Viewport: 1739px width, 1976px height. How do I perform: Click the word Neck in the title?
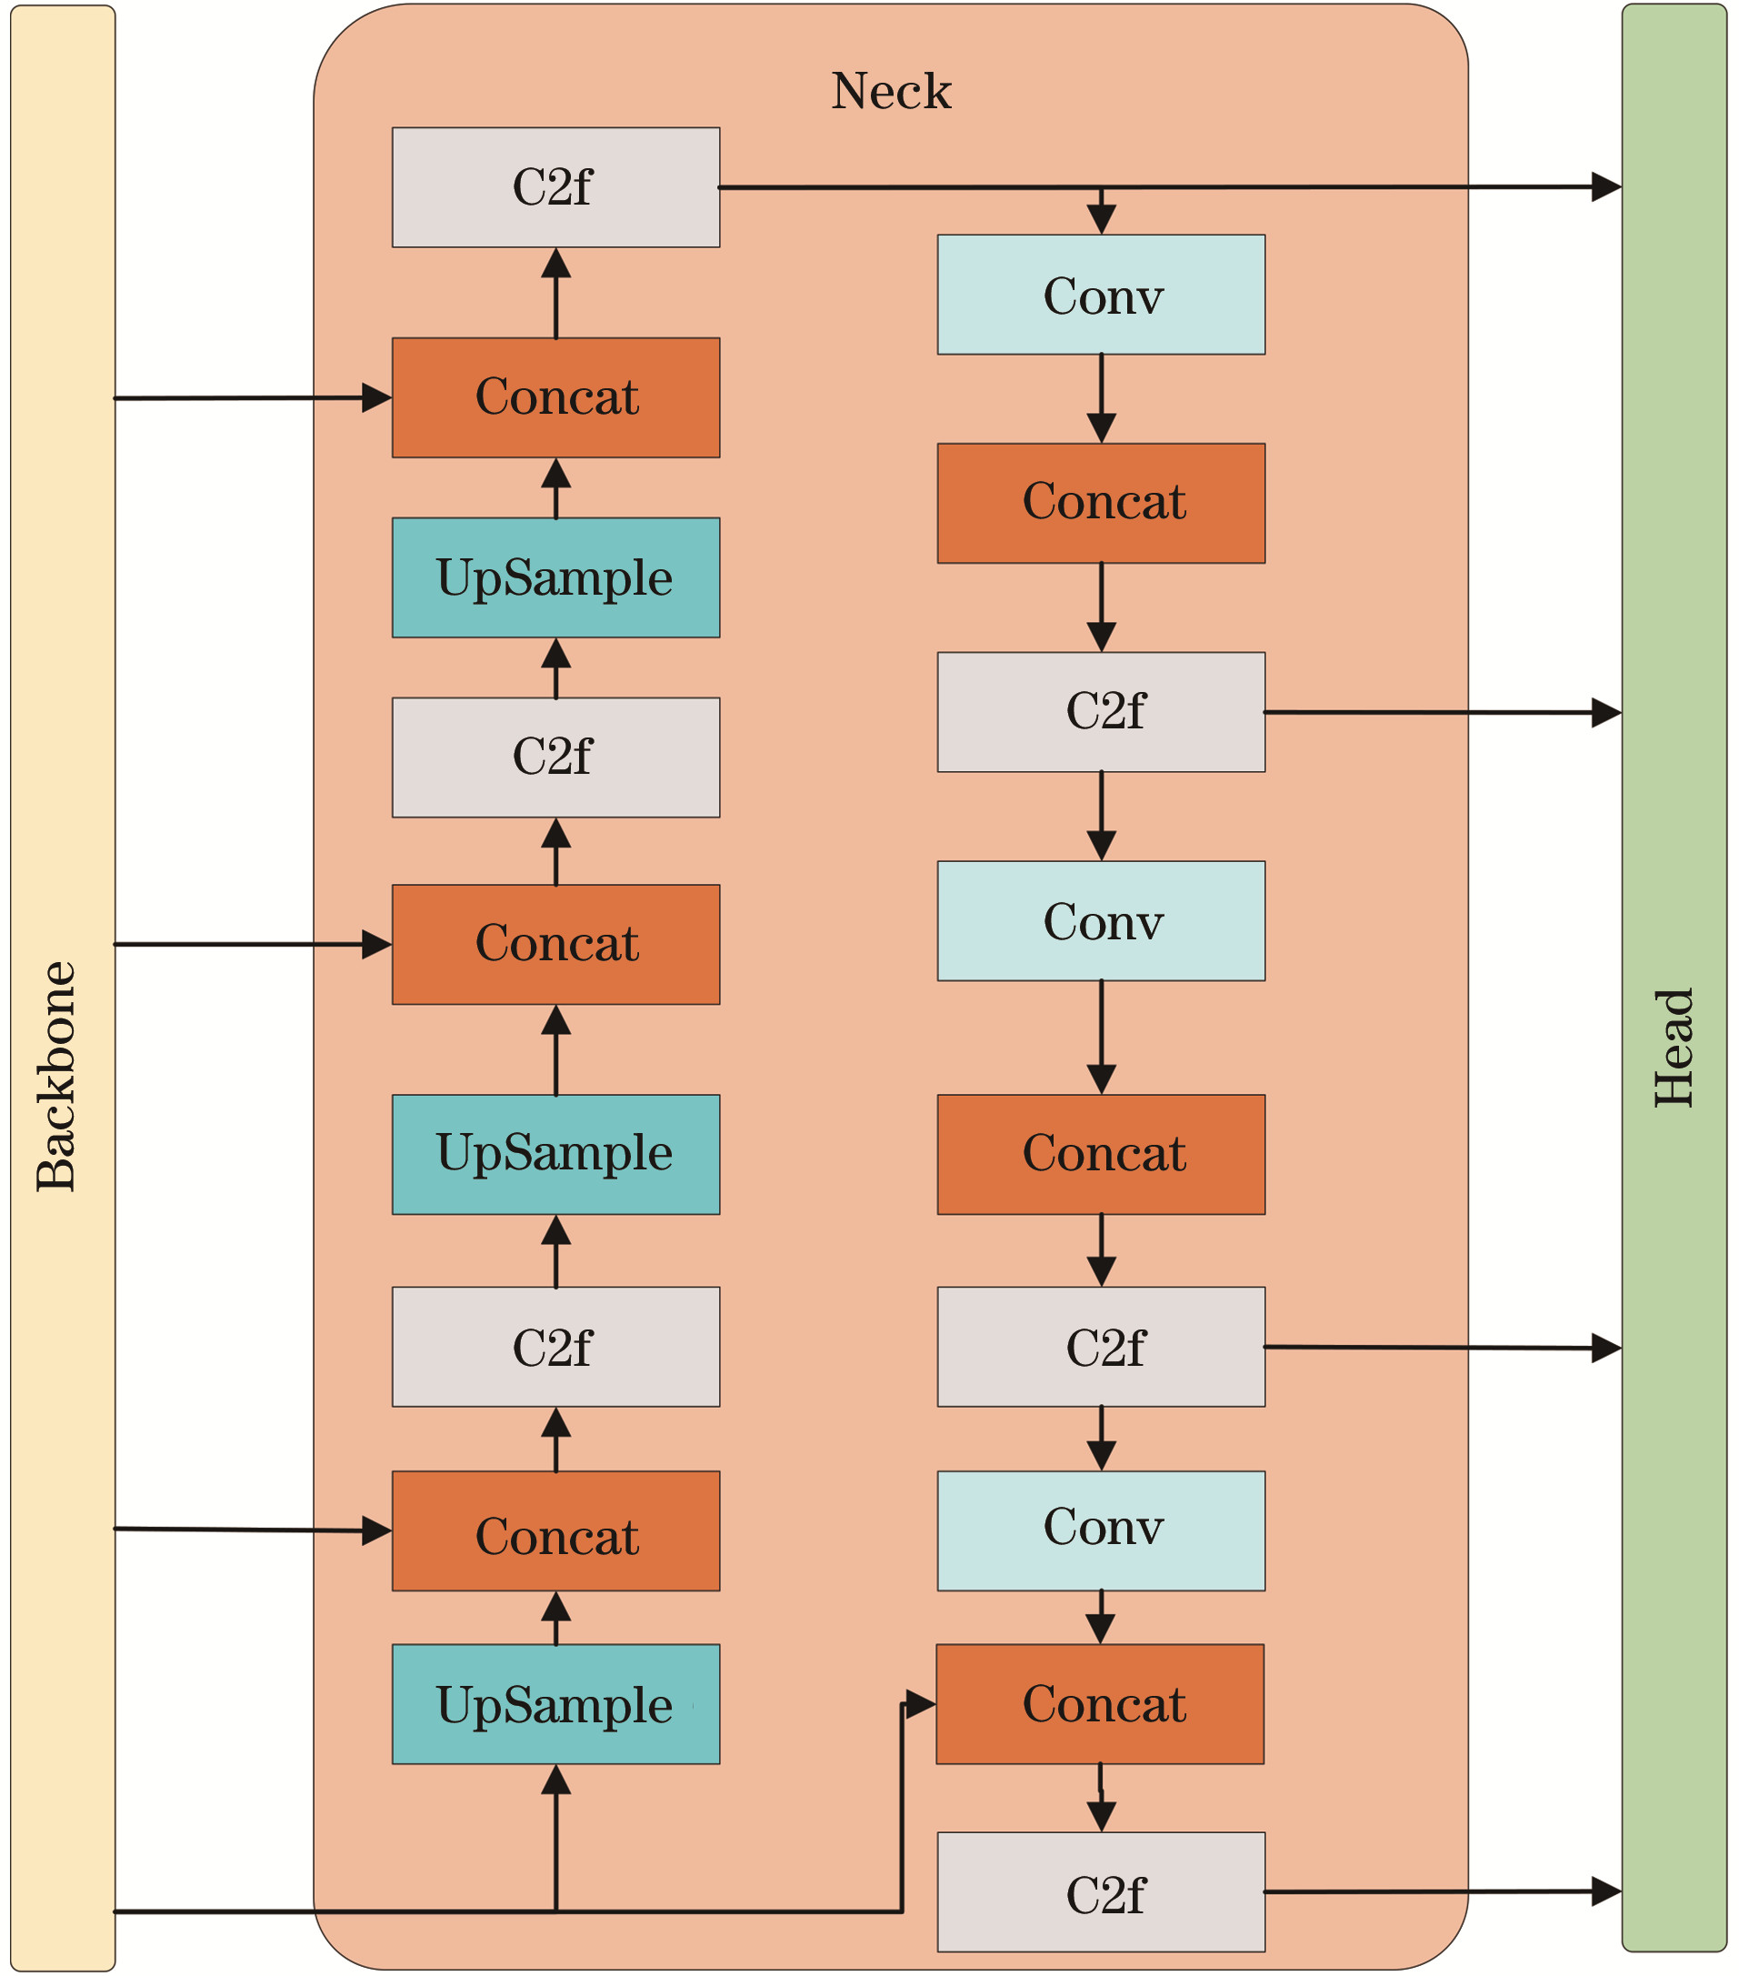pyautogui.click(x=890, y=92)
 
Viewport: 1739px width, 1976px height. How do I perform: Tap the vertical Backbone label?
pyautogui.click(x=56, y=1077)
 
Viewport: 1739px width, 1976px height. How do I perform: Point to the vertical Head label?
pyautogui.click(x=1674, y=1048)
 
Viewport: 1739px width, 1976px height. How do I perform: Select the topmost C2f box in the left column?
pyautogui.click(x=555, y=187)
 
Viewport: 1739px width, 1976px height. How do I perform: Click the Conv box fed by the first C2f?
pyautogui.click(x=1101, y=295)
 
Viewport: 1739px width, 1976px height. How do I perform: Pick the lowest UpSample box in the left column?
pyautogui.click(x=555, y=1704)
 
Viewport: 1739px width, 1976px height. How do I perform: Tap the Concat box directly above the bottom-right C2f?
pyautogui.click(x=1100, y=1704)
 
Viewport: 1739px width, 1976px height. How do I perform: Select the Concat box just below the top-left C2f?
pyautogui.click(x=555, y=397)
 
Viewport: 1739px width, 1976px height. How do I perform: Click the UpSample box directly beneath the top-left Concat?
pyautogui.click(x=555, y=578)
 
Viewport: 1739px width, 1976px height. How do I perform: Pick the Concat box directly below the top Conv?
pyautogui.click(x=1101, y=504)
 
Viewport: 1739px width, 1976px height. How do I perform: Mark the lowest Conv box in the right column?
pyautogui.click(x=1101, y=1531)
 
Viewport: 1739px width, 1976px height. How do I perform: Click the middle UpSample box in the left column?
pyautogui.click(x=555, y=1155)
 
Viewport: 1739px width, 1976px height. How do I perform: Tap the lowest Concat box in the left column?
pyautogui.click(x=555, y=1531)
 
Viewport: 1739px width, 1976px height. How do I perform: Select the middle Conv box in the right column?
pyautogui.click(x=1101, y=921)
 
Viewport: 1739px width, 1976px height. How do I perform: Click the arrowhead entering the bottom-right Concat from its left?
pyautogui.click(x=921, y=1703)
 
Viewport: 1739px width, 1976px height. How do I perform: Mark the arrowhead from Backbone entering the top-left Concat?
pyautogui.click(x=377, y=397)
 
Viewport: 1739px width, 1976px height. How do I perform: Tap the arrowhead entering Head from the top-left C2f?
pyautogui.click(x=1607, y=186)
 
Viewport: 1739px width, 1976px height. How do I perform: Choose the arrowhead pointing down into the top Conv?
pyautogui.click(x=1101, y=219)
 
